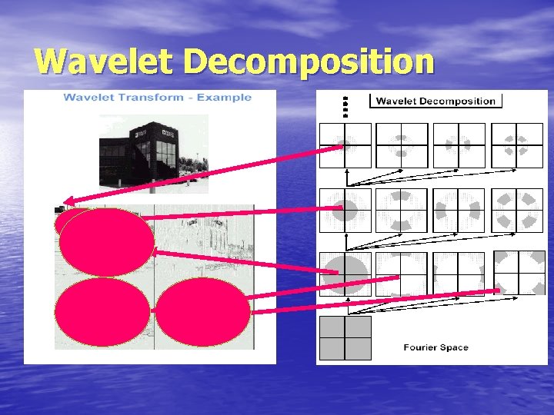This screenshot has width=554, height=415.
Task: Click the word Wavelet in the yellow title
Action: point(104,61)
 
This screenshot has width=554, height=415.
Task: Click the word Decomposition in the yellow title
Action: point(308,61)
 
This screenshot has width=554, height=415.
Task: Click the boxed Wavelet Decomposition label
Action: point(436,101)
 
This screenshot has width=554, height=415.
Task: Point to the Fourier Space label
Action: point(436,347)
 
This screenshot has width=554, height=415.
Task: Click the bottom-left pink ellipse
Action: point(103,312)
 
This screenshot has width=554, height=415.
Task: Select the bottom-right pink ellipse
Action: point(202,312)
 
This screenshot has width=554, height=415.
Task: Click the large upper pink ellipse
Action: point(106,243)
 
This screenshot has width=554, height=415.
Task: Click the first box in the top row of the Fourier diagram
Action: point(345,144)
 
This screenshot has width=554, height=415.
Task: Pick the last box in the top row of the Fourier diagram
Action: point(516,144)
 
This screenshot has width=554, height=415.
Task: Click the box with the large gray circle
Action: point(345,274)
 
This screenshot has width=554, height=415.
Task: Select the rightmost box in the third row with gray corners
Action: point(519,273)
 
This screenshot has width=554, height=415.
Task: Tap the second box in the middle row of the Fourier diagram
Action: point(401,210)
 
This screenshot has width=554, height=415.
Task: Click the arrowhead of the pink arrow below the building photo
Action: point(64,208)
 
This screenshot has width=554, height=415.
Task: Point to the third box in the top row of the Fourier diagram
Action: point(459,144)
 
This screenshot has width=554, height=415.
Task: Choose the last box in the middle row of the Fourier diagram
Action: point(516,210)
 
